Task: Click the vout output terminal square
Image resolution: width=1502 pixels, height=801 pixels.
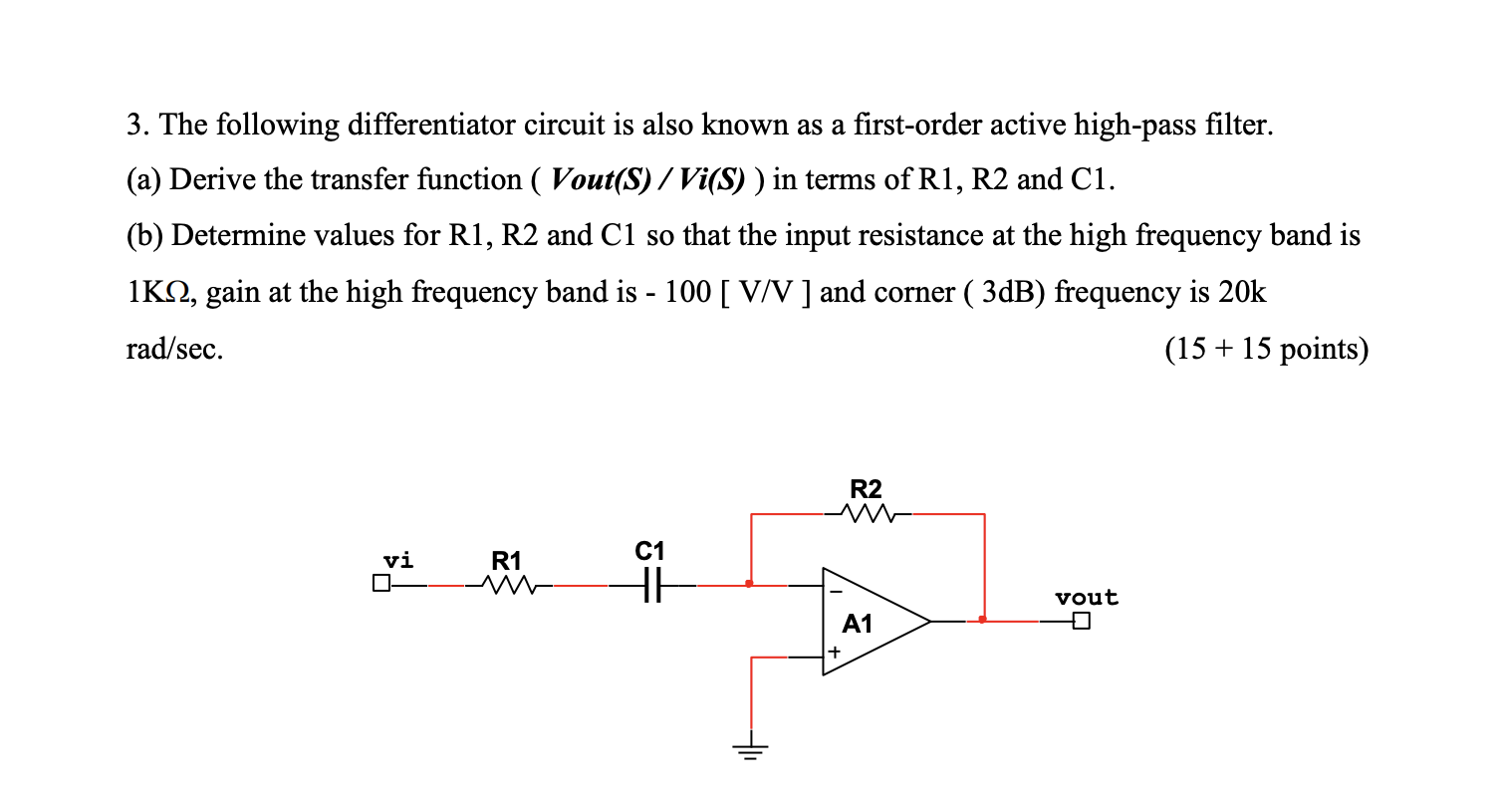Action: click(x=1084, y=622)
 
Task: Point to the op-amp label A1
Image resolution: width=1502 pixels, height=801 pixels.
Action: click(x=857, y=625)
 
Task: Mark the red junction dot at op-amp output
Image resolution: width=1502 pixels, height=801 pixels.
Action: click(x=983, y=620)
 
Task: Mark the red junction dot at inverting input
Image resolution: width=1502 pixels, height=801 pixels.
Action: click(x=750, y=585)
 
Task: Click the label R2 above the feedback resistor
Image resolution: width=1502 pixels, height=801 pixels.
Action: click(x=866, y=489)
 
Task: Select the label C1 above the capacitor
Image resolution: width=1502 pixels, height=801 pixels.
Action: click(x=648, y=550)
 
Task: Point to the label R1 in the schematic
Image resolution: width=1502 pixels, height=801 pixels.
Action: click(x=507, y=560)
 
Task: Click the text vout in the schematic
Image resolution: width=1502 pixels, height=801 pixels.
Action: click(x=1087, y=598)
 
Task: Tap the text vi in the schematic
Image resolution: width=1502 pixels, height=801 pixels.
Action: click(x=398, y=560)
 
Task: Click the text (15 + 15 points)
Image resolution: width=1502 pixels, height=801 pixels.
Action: click(x=1265, y=350)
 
